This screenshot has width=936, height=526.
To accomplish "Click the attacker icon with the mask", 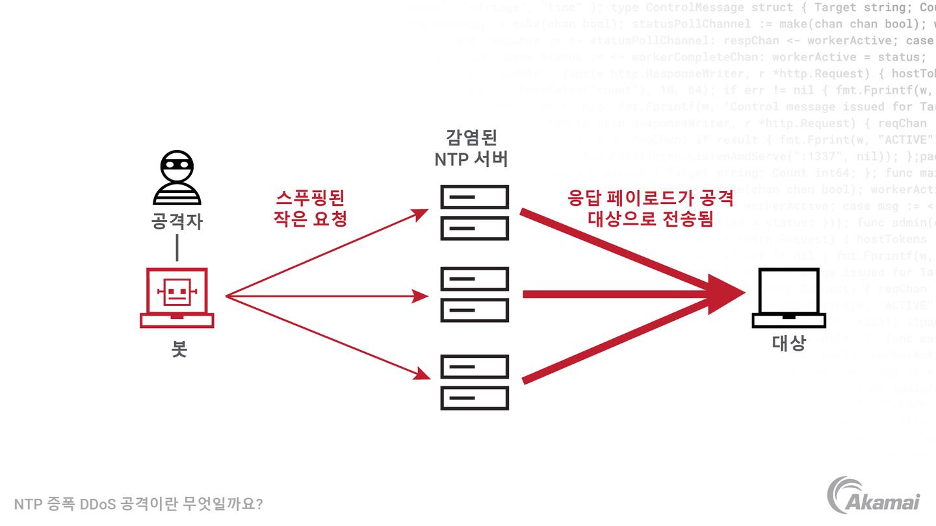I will point(177,177).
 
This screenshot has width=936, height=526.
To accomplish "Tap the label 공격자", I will point(177,221).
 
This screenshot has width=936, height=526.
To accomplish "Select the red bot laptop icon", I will point(177,297).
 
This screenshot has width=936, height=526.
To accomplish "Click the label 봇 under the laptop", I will point(179,349).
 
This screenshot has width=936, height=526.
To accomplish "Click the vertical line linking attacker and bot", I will point(177,247).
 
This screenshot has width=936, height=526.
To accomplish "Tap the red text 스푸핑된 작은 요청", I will point(310,208).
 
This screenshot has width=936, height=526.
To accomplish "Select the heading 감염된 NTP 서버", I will point(471,148).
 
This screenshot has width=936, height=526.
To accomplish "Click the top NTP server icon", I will point(474,212).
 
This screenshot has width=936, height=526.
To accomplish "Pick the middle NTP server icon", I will point(474,295).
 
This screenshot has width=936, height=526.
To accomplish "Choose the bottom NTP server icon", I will point(474,382).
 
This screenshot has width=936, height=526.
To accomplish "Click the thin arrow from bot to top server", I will point(325,254).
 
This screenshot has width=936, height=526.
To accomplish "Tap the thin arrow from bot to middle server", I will point(325,297).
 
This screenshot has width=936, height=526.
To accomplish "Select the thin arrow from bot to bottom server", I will point(325,336).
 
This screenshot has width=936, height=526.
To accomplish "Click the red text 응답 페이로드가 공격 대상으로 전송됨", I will point(650,208).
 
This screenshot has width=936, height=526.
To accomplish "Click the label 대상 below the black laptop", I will point(788,343).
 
